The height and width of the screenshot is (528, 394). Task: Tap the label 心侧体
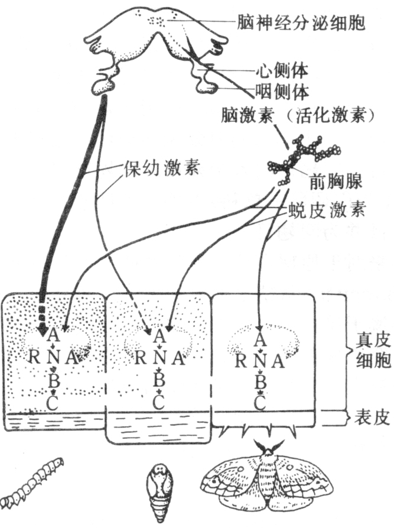[x=282, y=71]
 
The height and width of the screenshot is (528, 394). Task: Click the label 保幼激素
[x=160, y=168]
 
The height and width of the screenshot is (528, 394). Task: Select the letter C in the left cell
[x=53, y=404]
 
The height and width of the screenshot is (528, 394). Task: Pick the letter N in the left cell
[x=53, y=357]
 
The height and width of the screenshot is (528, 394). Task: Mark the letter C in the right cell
[x=259, y=404]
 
